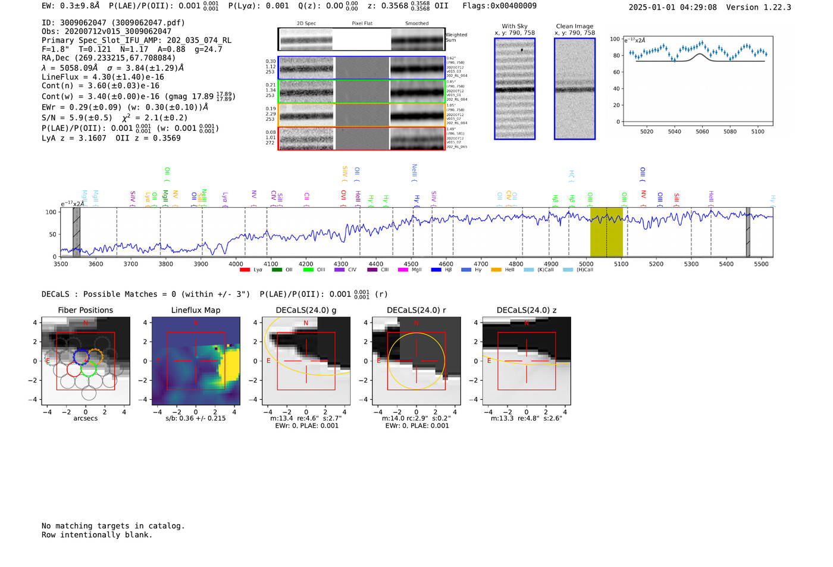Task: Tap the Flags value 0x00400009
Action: (513, 5)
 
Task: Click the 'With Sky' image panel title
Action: (514, 26)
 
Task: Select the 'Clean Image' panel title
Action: (574, 26)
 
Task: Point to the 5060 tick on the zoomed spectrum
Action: (702, 131)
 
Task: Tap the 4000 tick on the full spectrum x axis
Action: (236, 264)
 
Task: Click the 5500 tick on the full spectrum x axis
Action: (761, 264)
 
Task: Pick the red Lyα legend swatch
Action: (245, 270)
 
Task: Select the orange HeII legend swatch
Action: (496, 270)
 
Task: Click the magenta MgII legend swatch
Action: (403, 270)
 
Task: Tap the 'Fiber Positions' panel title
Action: (85, 310)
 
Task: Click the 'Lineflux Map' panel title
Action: (196, 310)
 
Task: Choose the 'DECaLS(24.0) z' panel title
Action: (527, 310)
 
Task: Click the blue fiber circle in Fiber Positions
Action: (81, 356)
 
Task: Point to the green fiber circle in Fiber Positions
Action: (89, 369)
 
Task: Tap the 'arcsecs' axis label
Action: (85, 418)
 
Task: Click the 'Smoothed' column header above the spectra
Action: (416, 23)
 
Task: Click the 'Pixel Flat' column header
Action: (362, 23)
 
